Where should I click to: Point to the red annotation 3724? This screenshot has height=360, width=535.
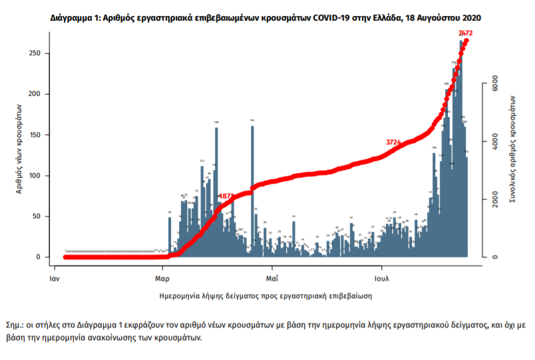[395, 142]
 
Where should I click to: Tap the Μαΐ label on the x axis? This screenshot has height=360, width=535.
[272, 273]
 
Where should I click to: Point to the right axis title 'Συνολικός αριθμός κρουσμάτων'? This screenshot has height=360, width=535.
[513, 148]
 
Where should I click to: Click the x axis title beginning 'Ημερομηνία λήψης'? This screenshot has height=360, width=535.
[265, 294]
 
